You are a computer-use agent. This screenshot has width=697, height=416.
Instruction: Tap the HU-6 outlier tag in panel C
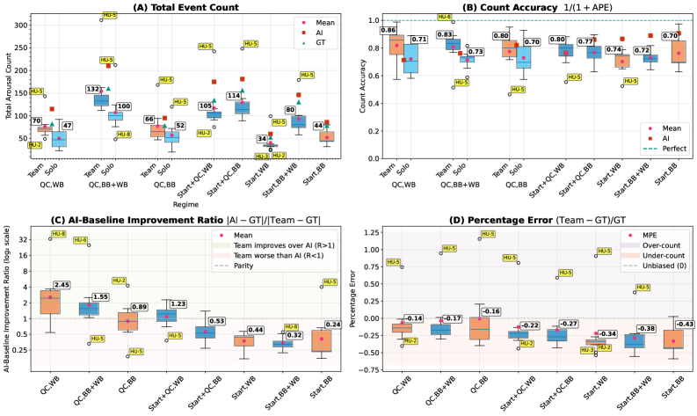(x=81, y=241)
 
